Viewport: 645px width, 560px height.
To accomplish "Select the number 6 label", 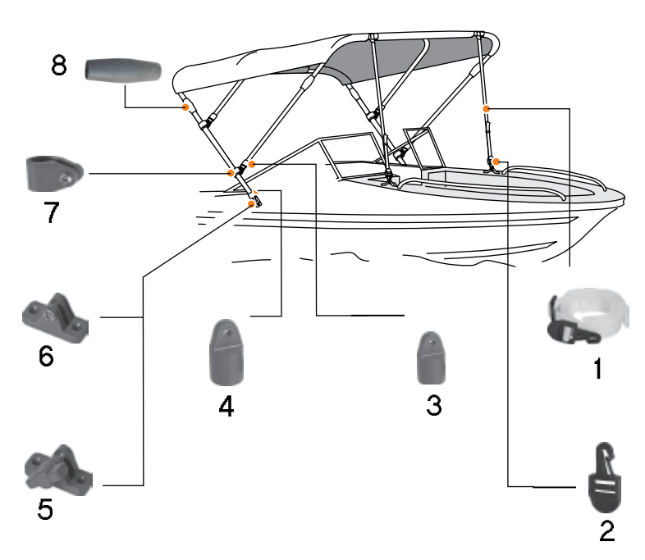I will (x=47, y=359).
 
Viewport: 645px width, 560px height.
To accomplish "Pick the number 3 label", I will (x=433, y=405).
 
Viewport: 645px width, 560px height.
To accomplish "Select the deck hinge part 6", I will (x=54, y=319).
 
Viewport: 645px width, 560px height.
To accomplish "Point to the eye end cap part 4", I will (x=226, y=353).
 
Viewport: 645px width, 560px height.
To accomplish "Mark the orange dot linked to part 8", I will (x=186, y=107).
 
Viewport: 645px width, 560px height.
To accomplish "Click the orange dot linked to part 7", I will (x=231, y=174).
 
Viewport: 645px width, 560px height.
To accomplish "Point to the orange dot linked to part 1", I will (x=487, y=107).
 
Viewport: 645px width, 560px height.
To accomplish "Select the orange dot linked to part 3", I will (x=252, y=164).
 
